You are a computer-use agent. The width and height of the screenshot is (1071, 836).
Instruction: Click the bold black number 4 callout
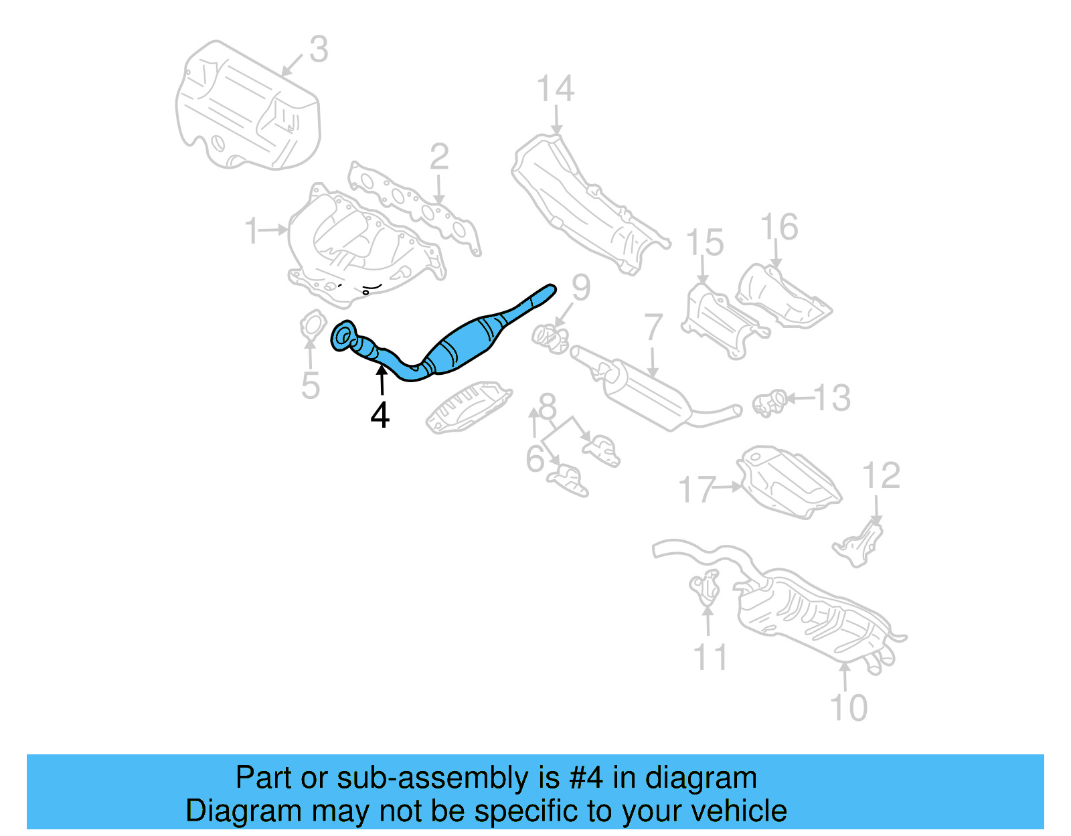click(380, 416)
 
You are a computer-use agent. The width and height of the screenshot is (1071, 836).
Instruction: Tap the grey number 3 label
click(319, 50)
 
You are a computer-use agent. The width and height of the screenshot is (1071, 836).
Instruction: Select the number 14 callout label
click(556, 89)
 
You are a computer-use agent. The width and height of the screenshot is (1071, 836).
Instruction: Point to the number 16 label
click(780, 227)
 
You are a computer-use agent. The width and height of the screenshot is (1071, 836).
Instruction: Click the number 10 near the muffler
click(848, 707)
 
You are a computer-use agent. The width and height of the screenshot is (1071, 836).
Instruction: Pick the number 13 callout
click(833, 398)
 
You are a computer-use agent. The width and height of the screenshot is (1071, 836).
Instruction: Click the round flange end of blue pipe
click(343, 336)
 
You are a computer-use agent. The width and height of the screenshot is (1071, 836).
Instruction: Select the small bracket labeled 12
click(860, 544)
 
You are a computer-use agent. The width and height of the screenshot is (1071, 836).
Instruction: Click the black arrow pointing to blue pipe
click(382, 382)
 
